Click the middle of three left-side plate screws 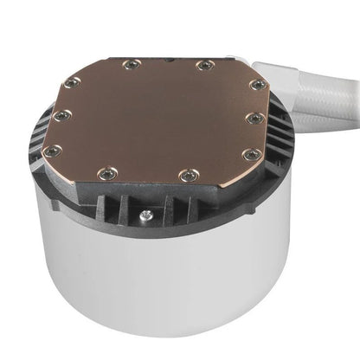[x=60, y=115]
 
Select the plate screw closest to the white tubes [x=257, y=85]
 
